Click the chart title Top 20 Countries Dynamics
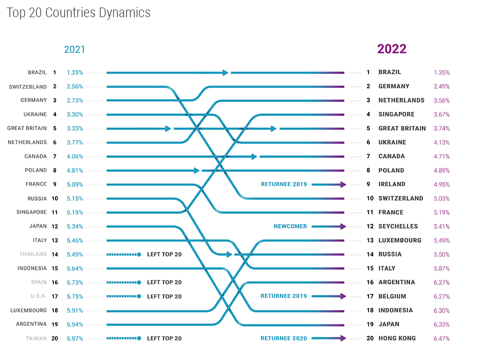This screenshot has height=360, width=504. [x=79, y=13]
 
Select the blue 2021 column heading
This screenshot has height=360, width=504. [x=75, y=49]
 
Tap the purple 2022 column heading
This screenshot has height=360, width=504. [x=392, y=49]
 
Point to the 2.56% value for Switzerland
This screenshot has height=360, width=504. [x=75, y=87]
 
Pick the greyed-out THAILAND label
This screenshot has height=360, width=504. [x=33, y=255]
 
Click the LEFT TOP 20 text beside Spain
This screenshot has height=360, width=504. [x=164, y=282]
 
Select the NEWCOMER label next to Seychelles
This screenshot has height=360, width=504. [x=290, y=226]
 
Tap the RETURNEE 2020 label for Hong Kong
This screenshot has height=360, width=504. [x=284, y=338]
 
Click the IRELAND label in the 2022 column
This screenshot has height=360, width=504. [x=392, y=185]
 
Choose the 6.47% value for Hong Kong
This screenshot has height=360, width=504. [x=442, y=338]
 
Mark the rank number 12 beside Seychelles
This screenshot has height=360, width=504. [x=369, y=226]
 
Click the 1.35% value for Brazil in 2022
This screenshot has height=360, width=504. [x=442, y=73]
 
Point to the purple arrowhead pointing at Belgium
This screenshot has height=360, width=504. [x=343, y=296]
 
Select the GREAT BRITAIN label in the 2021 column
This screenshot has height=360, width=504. [x=27, y=129]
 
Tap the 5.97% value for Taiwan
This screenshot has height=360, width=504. [x=75, y=338]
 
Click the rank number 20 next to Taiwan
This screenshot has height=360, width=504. [x=54, y=338]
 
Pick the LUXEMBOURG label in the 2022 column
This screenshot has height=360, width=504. [x=400, y=241]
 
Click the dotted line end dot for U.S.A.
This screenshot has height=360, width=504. [x=139, y=296]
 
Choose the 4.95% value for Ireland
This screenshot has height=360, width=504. [x=442, y=185]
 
